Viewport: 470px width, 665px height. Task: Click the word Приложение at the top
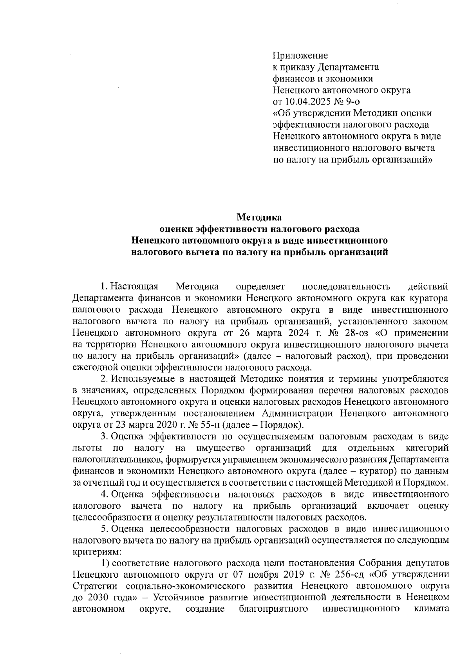[x=300, y=55]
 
